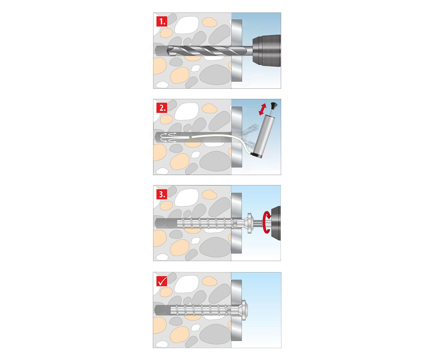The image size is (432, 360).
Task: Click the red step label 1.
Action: click(x=162, y=22)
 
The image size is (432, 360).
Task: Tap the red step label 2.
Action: click(x=162, y=108)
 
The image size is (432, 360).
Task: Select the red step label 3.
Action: click(x=162, y=194)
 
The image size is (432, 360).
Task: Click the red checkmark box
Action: click(x=162, y=281)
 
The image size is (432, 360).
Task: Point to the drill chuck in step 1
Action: click(x=266, y=51)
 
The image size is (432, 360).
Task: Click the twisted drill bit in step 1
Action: click(x=209, y=51)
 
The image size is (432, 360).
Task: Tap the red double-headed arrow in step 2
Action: click(x=262, y=109)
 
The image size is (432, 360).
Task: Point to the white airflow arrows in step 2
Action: click(x=169, y=138)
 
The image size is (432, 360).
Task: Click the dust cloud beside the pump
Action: click(x=249, y=135)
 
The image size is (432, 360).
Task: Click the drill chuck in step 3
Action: click(x=276, y=223)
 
